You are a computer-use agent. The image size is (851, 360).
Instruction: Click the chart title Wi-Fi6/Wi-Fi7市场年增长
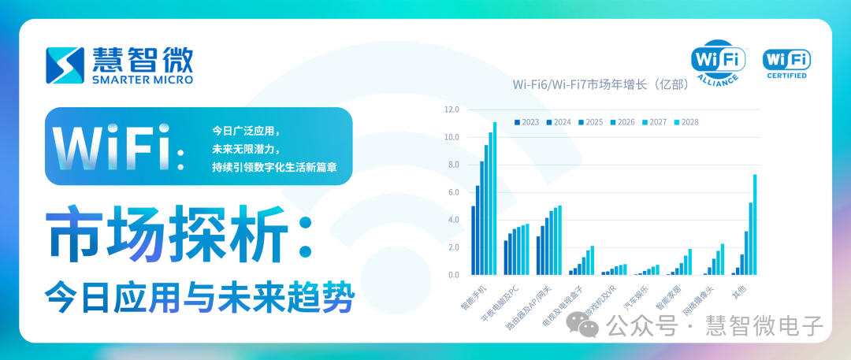600,84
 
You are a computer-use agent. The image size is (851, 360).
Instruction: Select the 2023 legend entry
527,122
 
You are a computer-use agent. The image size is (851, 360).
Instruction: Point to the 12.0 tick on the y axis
452,109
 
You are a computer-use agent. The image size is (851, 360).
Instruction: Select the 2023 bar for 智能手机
473,240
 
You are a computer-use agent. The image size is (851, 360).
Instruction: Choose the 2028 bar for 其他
755,225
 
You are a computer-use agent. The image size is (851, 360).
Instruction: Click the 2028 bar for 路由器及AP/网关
559,240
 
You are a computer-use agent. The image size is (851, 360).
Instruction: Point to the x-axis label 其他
740,292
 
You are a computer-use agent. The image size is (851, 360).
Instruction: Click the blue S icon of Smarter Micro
65,65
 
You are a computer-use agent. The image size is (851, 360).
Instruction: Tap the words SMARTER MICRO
143,80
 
